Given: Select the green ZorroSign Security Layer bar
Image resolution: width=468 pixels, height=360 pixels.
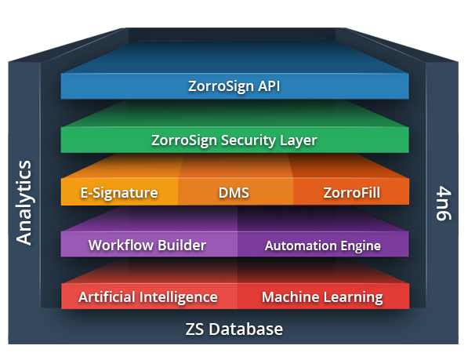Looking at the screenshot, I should (x=234, y=140).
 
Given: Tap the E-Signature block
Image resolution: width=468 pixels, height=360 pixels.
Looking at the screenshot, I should (x=119, y=192).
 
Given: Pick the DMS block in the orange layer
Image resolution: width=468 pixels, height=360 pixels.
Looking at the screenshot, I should (x=234, y=192).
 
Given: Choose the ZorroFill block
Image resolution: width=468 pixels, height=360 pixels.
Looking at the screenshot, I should (x=351, y=192).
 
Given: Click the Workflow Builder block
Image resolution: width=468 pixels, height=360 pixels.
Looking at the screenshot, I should (x=147, y=245).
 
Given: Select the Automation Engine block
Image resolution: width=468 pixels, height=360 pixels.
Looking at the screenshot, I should (x=322, y=245).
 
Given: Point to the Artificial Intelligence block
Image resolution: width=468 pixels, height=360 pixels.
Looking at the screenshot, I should (x=148, y=297).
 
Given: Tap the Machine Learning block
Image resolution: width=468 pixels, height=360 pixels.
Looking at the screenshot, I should (x=322, y=297).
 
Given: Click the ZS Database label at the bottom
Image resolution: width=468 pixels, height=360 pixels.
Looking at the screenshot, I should (x=234, y=329).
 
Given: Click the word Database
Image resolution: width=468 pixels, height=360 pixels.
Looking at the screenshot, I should (x=249, y=329).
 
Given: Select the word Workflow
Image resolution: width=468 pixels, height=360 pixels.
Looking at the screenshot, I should (x=117, y=245).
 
